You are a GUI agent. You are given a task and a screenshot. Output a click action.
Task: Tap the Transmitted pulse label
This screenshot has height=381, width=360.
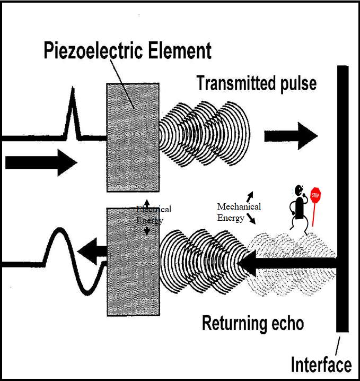256,83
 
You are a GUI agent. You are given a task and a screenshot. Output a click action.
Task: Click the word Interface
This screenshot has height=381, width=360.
321,365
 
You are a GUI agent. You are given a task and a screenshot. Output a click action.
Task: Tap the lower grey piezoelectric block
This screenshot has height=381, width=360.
133,262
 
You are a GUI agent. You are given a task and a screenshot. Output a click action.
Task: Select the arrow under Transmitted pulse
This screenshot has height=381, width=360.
291,136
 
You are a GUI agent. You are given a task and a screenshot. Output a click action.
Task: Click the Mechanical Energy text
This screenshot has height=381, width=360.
240,211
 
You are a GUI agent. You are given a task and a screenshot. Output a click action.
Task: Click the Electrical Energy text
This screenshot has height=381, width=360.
153,215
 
